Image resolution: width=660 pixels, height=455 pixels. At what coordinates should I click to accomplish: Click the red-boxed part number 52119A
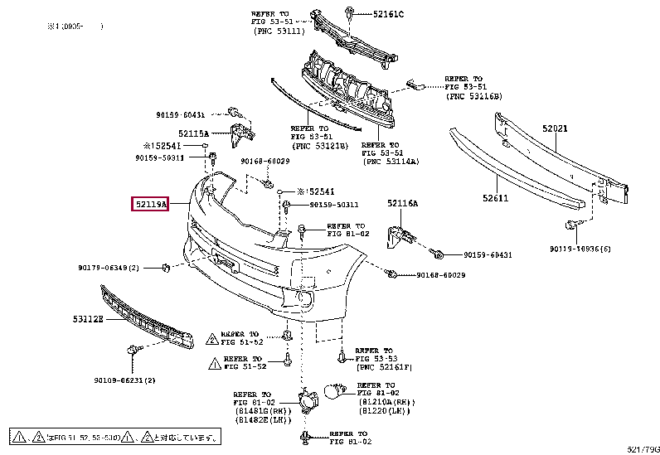150,203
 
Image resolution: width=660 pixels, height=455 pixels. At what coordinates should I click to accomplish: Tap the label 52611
497,198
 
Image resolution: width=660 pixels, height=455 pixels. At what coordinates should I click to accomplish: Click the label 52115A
193,133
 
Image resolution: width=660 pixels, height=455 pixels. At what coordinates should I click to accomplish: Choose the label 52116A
402,203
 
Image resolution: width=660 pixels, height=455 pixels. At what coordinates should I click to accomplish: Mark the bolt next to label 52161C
352,13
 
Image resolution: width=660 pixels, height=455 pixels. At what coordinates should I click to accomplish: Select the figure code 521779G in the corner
642,449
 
